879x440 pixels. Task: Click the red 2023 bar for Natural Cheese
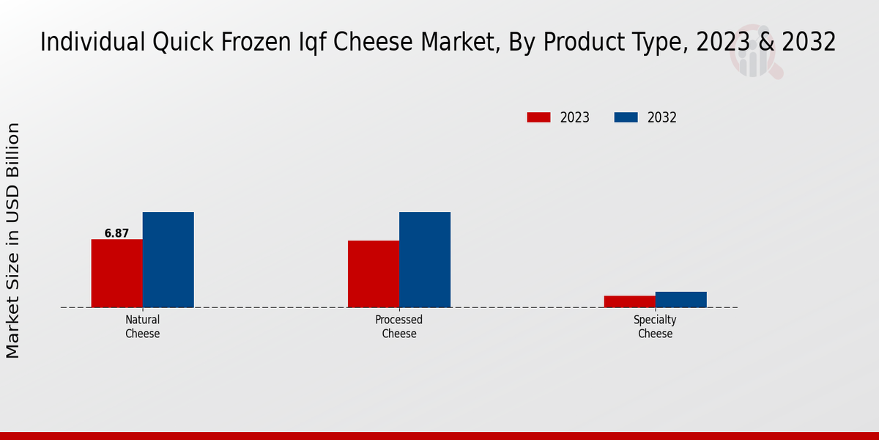pos(116,273)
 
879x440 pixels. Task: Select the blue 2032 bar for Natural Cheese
pos(168,260)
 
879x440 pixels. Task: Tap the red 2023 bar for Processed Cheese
pos(374,274)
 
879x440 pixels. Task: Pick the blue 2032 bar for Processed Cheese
pos(425,260)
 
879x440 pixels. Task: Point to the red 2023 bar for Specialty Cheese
pos(629,301)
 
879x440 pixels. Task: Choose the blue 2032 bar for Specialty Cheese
pos(680,299)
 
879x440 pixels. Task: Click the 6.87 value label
pos(116,233)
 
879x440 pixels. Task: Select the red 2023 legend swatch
pos(538,117)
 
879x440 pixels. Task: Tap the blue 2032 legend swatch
pos(626,117)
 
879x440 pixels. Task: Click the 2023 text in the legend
pos(575,117)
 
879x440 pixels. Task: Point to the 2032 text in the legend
pos(662,117)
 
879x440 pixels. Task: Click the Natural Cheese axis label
pos(142,326)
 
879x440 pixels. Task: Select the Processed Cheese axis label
pos(399,326)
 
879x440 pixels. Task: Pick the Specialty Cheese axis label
pos(655,326)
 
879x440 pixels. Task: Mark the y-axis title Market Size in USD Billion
pos(13,241)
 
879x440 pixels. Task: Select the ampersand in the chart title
pos(767,43)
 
